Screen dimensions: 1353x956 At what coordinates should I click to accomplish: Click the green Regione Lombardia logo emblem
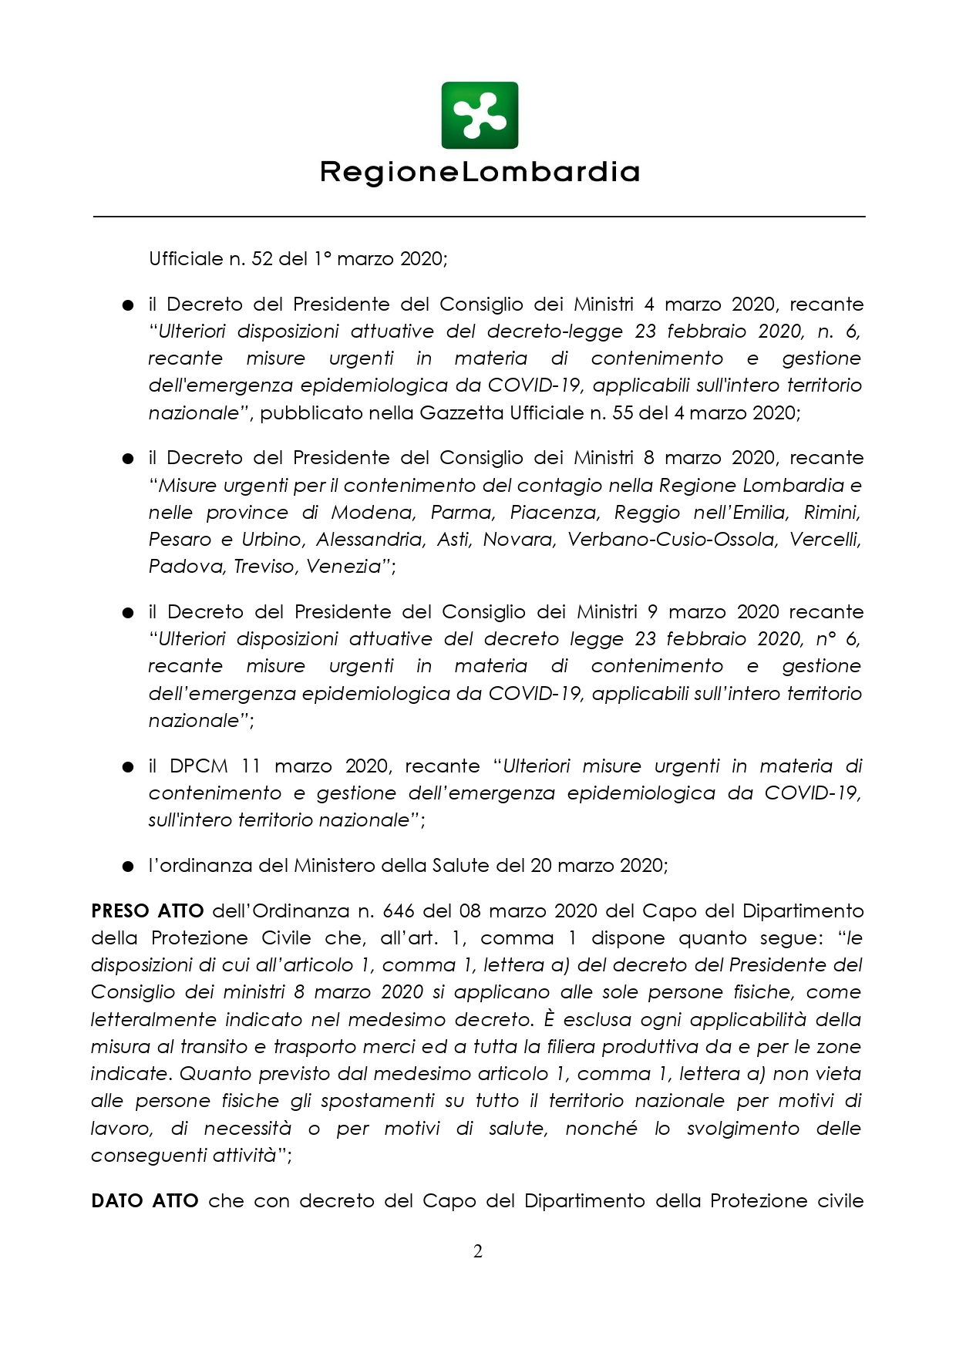[x=480, y=115]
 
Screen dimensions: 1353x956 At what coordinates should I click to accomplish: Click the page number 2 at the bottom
[x=478, y=1250]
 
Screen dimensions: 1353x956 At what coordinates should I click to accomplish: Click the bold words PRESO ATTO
[x=147, y=910]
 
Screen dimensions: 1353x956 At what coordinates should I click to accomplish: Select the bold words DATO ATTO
[x=145, y=1200]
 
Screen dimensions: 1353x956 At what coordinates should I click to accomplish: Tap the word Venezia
[x=345, y=567]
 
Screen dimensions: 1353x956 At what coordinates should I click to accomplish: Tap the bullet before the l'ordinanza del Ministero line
[x=128, y=866]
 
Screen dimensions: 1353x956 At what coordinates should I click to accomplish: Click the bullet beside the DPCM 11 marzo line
[x=128, y=767]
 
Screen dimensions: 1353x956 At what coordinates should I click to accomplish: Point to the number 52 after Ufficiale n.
[x=262, y=259]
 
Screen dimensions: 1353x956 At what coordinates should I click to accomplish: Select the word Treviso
[x=265, y=567]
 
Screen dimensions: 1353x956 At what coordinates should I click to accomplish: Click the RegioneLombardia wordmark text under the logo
[x=480, y=172]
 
